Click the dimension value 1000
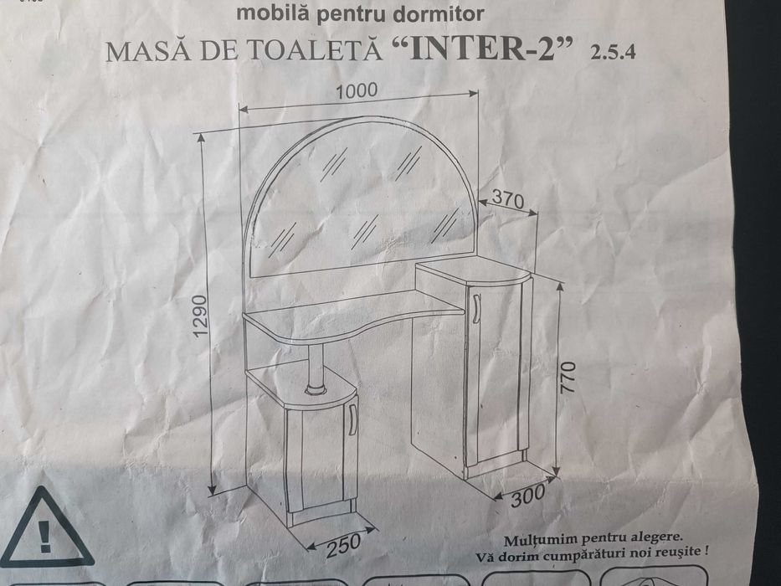[358, 90]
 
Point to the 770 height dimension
[569, 381]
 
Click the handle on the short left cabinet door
[353, 417]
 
